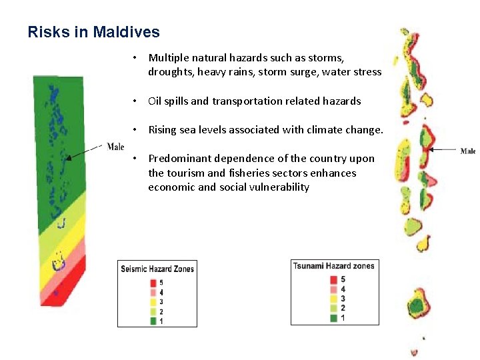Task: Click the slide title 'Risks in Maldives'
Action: click(93, 32)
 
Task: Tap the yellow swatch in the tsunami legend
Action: click(333, 299)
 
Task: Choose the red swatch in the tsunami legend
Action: click(333, 279)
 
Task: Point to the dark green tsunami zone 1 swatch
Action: click(333, 318)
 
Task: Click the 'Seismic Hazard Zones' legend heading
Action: click(157, 269)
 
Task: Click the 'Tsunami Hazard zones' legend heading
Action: click(334, 266)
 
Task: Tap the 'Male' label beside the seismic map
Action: click(115, 147)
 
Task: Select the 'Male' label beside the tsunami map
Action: click(468, 151)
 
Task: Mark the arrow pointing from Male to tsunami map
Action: click(443, 150)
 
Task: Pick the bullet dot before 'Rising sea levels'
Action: click(135, 130)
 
